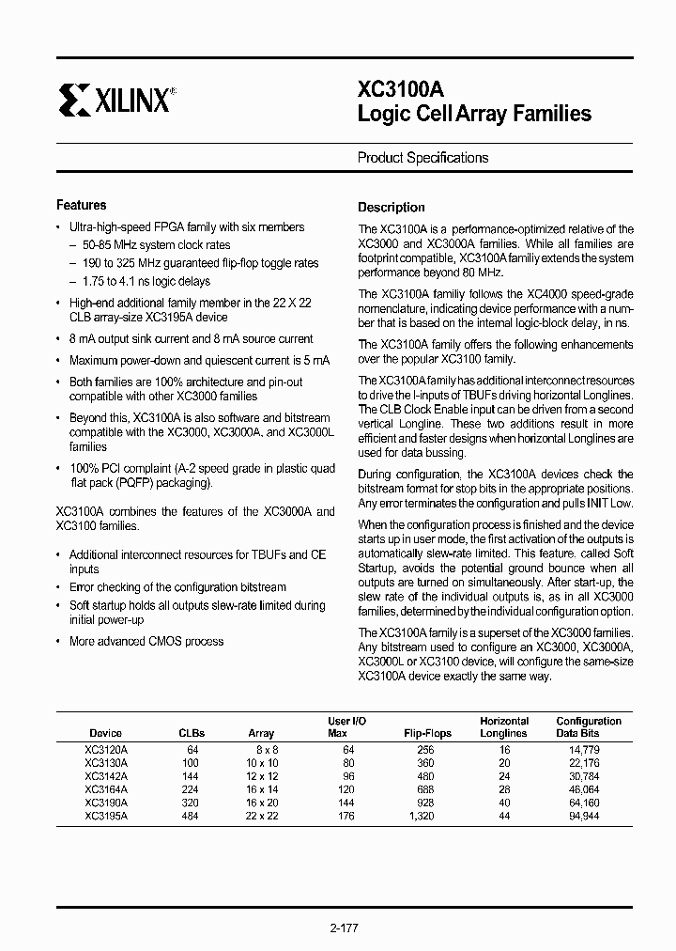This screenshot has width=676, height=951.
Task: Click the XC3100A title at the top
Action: (x=401, y=89)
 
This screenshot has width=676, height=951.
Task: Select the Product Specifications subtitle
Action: (x=422, y=158)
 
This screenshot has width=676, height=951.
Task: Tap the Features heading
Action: (x=82, y=205)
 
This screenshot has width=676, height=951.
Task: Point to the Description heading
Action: (x=392, y=208)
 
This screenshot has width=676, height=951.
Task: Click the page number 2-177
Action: (x=344, y=928)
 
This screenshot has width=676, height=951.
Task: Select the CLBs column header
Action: (x=192, y=733)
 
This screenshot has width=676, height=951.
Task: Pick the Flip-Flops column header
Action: (x=427, y=733)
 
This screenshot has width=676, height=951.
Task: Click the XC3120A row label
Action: (x=106, y=750)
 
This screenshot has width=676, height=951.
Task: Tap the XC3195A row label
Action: (x=106, y=817)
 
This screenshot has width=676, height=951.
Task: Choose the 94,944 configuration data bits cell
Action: (x=583, y=817)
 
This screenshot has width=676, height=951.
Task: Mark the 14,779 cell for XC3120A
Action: (x=583, y=750)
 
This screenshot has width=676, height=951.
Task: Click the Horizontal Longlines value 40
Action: (x=504, y=803)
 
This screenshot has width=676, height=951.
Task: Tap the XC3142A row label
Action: (x=106, y=777)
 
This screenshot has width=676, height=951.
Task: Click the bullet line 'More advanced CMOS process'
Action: (x=146, y=642)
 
